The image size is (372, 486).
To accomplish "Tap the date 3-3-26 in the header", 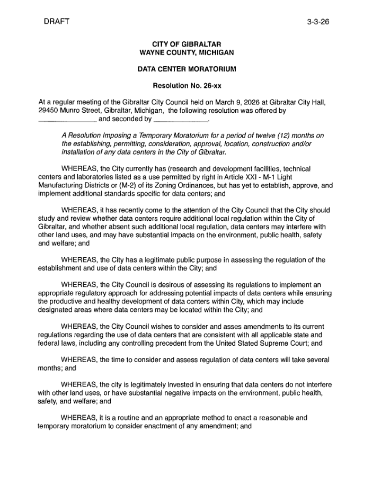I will click(318, 22).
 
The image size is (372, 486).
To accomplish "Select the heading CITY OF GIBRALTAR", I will click(187, 43).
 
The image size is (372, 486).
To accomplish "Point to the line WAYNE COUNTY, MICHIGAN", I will click(187, 52).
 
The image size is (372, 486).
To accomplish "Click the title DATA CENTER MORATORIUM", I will click(187, 69).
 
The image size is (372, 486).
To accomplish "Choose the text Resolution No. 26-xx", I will click(187, 86).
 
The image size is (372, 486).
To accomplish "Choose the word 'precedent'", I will click(170, 344).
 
